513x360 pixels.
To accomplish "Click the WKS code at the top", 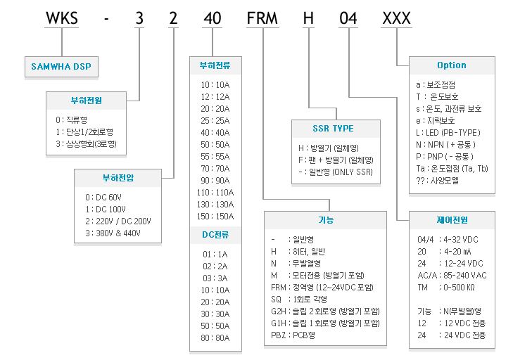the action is [61, 18].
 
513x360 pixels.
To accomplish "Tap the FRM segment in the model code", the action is [262, 18].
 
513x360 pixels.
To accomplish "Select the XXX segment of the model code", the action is [396, 18].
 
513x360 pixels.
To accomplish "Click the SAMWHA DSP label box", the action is [61, 67].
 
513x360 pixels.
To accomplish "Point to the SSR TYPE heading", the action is [333, 129].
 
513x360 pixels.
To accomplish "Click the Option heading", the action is [452, 65].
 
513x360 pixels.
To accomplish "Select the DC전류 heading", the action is [215, 235].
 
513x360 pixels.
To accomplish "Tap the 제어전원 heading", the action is [452, 220].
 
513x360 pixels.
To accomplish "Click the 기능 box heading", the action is [326, 220].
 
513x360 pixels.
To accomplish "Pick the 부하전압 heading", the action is [118, 178].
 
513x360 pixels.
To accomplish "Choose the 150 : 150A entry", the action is [215, 217].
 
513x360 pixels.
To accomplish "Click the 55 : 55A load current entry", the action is [215, 157].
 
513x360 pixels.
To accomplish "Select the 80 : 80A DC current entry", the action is [215, 338].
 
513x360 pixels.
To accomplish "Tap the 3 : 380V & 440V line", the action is [113, 233].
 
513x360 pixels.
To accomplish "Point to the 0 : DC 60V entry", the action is [103, 198].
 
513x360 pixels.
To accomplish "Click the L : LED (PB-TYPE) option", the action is [448, 133].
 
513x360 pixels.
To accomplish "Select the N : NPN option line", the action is [445, 145].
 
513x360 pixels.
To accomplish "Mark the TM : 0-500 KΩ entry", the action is [446, 288].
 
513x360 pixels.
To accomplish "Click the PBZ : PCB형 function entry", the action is [293, 335].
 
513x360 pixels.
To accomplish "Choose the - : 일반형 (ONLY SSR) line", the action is [336, 172].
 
